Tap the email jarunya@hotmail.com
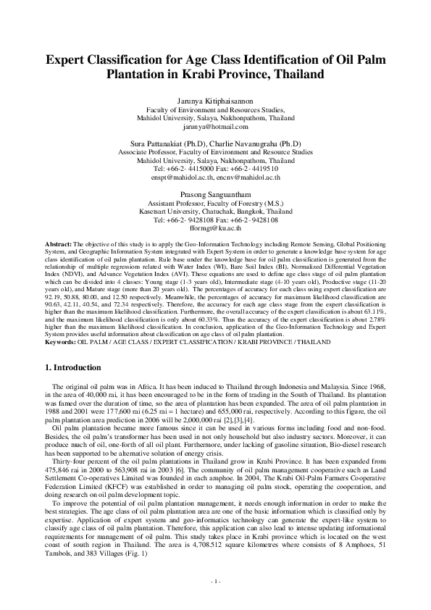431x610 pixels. [x=215, y=125]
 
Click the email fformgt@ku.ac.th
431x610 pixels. [x=215, y=227]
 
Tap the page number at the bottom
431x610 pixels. [x=215, y=582]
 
